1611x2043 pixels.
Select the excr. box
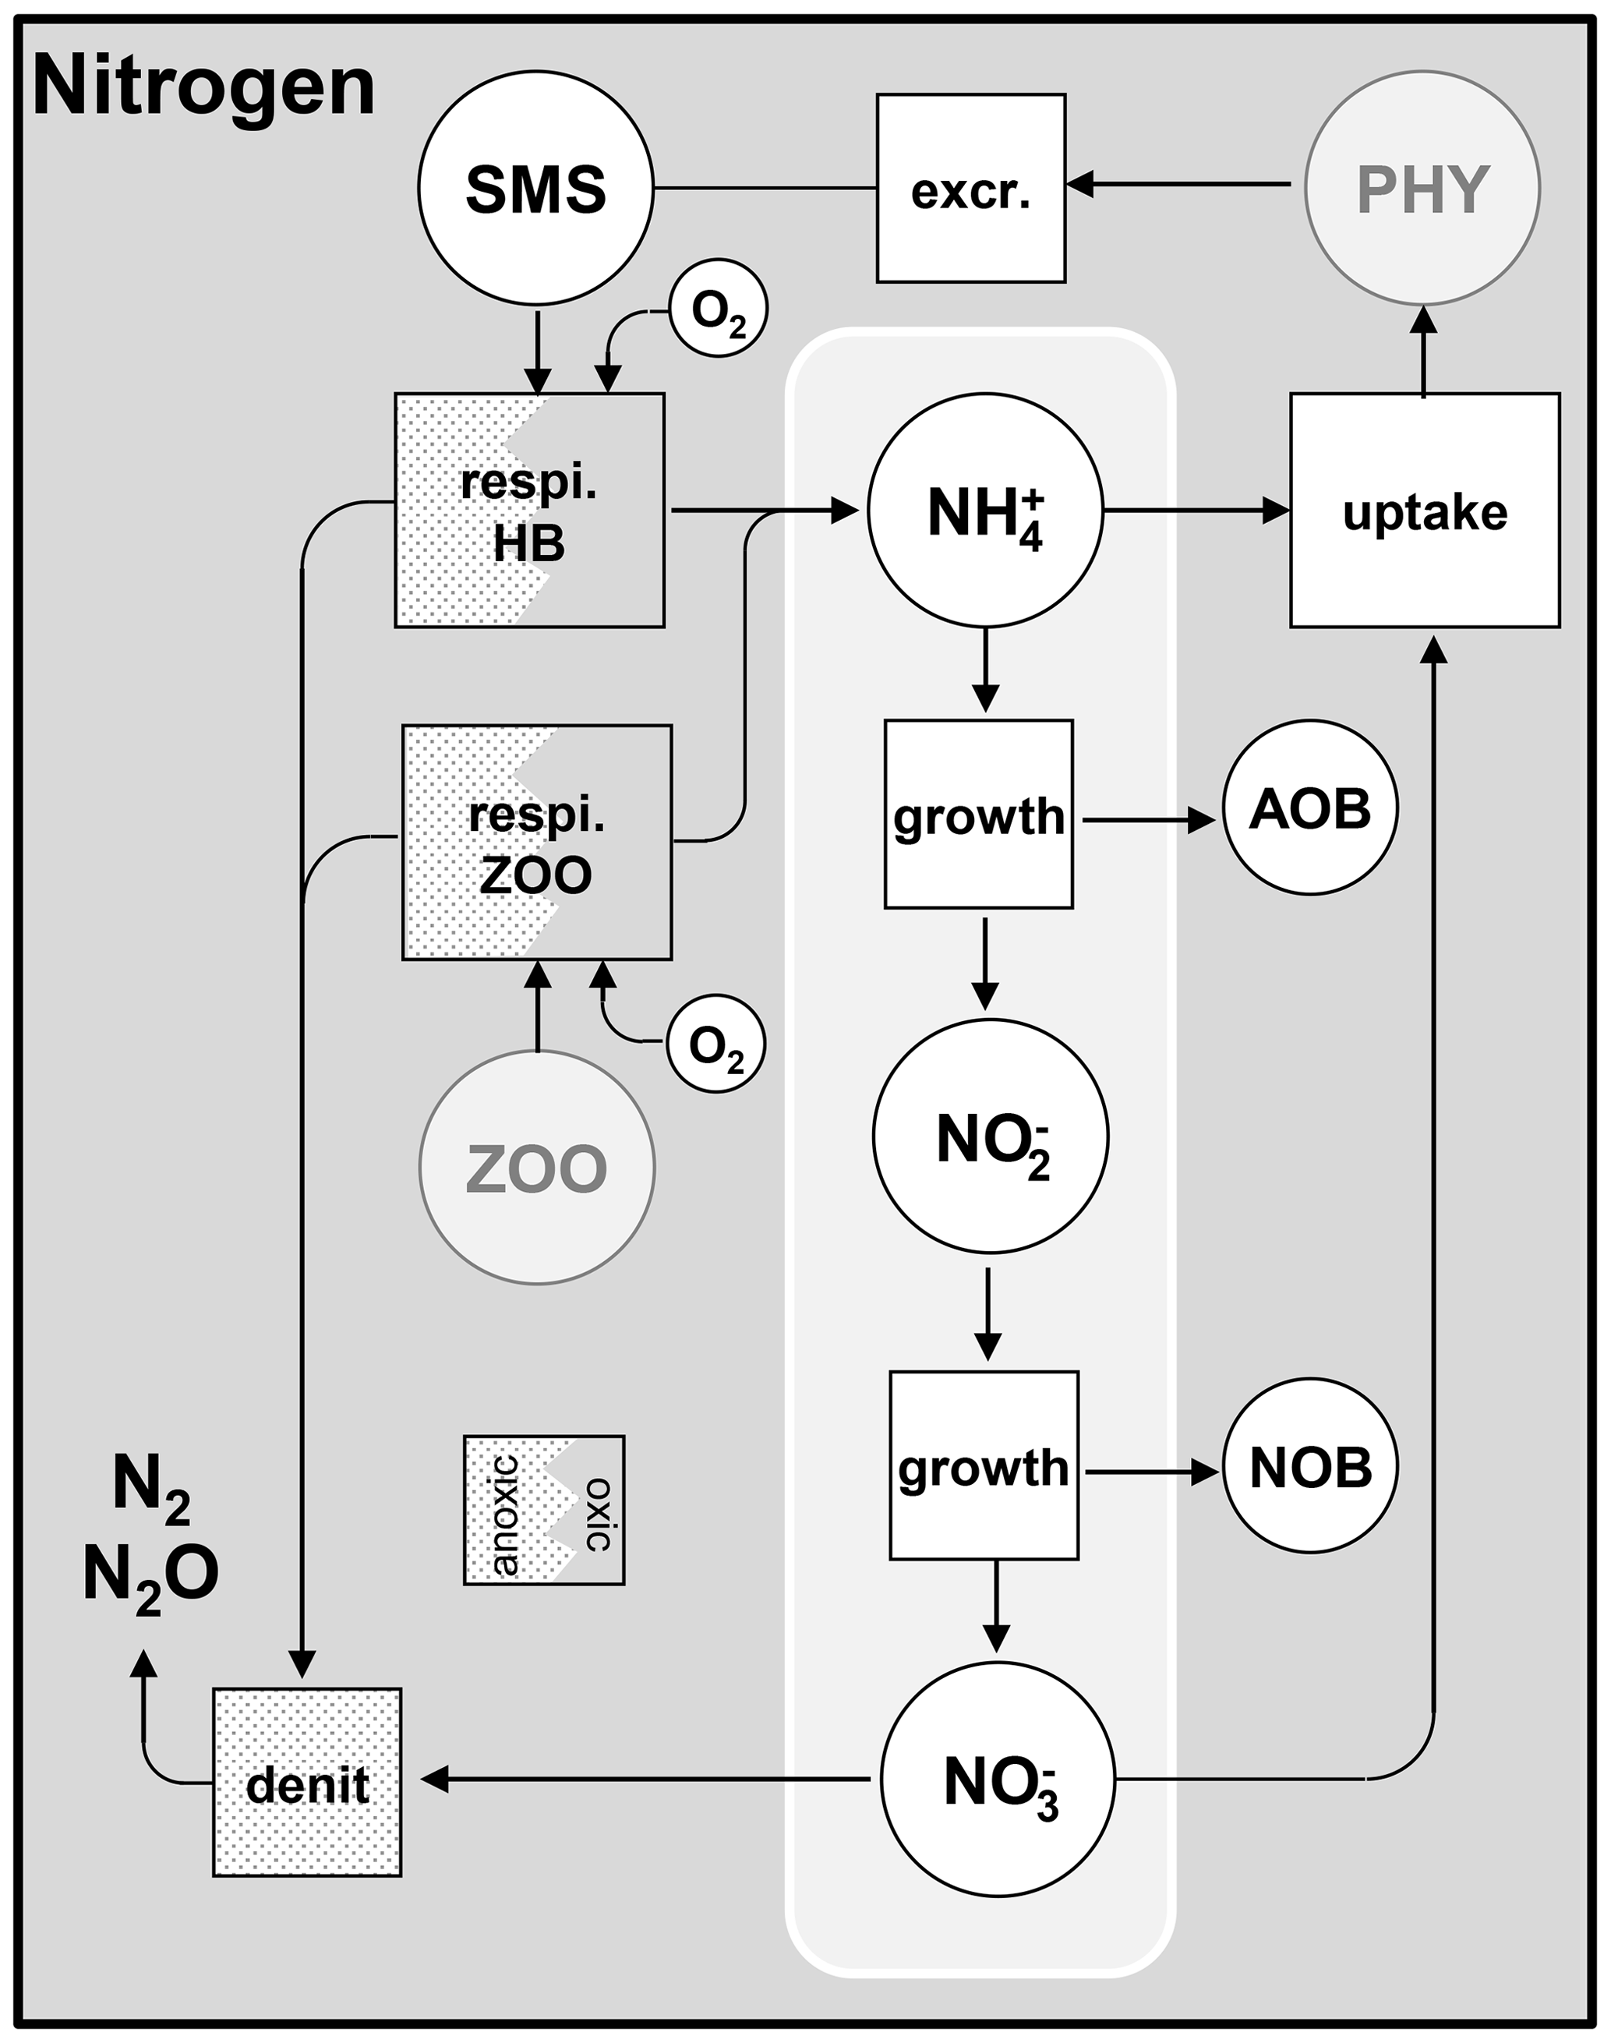click(x=970, y=188)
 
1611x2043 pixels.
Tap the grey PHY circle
click(x=1422, y=188)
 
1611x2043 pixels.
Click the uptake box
click(x=1424, y=511)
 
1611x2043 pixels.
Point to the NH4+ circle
click(x=984, y=511)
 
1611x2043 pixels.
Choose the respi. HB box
click(x=529, y=511)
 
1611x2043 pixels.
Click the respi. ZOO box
click(x=537, y=843)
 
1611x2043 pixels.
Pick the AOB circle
click(x=1310, y=808)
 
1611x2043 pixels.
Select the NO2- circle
click(x=991, y=1136)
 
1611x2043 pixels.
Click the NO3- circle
click(x=998, y=1779)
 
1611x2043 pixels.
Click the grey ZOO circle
click(x=537, y=1167)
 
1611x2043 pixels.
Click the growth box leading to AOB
click(x=978, y=814)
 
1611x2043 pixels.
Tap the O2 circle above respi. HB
click(x=719, y=309)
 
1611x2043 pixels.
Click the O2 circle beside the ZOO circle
click(x=716, y=1043)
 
